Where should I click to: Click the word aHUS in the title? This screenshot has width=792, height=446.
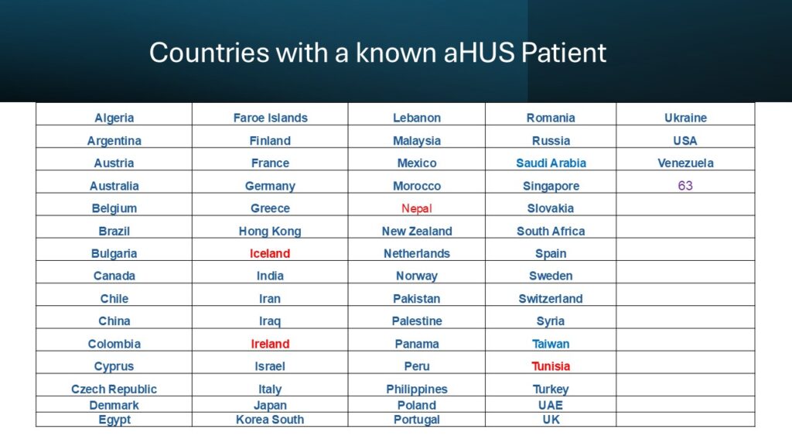click(479, 53)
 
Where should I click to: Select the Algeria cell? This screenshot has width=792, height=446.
click(114, 118)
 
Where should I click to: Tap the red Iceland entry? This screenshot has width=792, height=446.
click(270, 253)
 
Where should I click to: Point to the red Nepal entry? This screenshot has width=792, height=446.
click(417, 208)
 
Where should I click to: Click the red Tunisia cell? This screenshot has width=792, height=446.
click(551, 366)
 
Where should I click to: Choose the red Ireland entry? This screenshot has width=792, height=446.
click(270, 344)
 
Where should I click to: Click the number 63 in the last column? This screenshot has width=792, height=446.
click(685, 186)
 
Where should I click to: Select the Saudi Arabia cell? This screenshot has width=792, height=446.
click(551, 163)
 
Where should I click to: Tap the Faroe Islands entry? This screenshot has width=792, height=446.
click(270, 118)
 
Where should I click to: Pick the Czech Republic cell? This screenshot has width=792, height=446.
click(114, 389)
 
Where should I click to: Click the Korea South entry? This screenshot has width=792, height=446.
click(270, 420)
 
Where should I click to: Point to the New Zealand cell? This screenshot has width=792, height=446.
click(417, 231)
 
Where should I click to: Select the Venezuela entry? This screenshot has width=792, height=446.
click(685, 163)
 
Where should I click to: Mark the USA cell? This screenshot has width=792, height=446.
click(685, 141)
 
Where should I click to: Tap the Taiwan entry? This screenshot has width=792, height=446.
click(551, 344)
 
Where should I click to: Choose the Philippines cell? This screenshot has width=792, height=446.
click(417, 389)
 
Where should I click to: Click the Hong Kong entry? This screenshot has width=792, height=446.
click(270, 231)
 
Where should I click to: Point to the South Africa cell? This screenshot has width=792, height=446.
click(551, 231)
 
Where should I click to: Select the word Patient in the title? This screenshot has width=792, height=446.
click(564, 53)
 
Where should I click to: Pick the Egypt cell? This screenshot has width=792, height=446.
click(114, 420)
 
